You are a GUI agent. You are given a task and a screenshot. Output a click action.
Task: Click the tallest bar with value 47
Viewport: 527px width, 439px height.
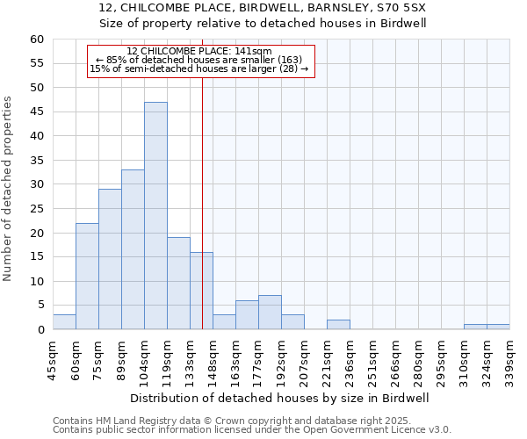pyautogui.click(x=155, y=216)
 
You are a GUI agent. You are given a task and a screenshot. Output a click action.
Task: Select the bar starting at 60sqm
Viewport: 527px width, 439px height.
pyautogui.click(x=87, y=277)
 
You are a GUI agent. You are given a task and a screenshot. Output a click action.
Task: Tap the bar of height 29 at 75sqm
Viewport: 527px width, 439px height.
pyautogui.click(x=110, y=259)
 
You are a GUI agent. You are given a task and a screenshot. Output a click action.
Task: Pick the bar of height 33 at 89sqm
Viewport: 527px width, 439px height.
pyautogui.click(x=133, y=249)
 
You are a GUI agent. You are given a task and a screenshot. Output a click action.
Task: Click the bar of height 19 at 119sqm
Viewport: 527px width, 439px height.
pyautogui.click(x=178, y=284)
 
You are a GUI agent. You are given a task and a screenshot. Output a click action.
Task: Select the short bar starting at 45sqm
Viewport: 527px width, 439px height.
pyautogui.click(x=64, y=322)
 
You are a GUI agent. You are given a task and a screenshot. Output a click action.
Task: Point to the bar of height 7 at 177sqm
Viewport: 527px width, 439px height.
pyautogui.click(x=270, y=313)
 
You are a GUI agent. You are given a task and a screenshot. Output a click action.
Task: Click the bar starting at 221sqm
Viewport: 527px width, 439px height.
pyautogui.click(x=338, y=325)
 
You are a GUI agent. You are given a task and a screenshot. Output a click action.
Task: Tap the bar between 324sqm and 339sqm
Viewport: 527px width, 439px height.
pyautogui.click(x=498, y=327)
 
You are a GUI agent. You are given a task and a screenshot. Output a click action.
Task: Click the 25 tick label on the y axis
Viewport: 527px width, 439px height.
pyautogui.click(x=36, y=209)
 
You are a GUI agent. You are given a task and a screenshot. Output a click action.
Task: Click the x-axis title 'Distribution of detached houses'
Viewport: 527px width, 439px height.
pyautogui.click(x=277, y=398)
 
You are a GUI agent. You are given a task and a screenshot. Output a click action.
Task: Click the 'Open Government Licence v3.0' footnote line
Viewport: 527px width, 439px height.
pyautogui.click(x=252, y=430)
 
